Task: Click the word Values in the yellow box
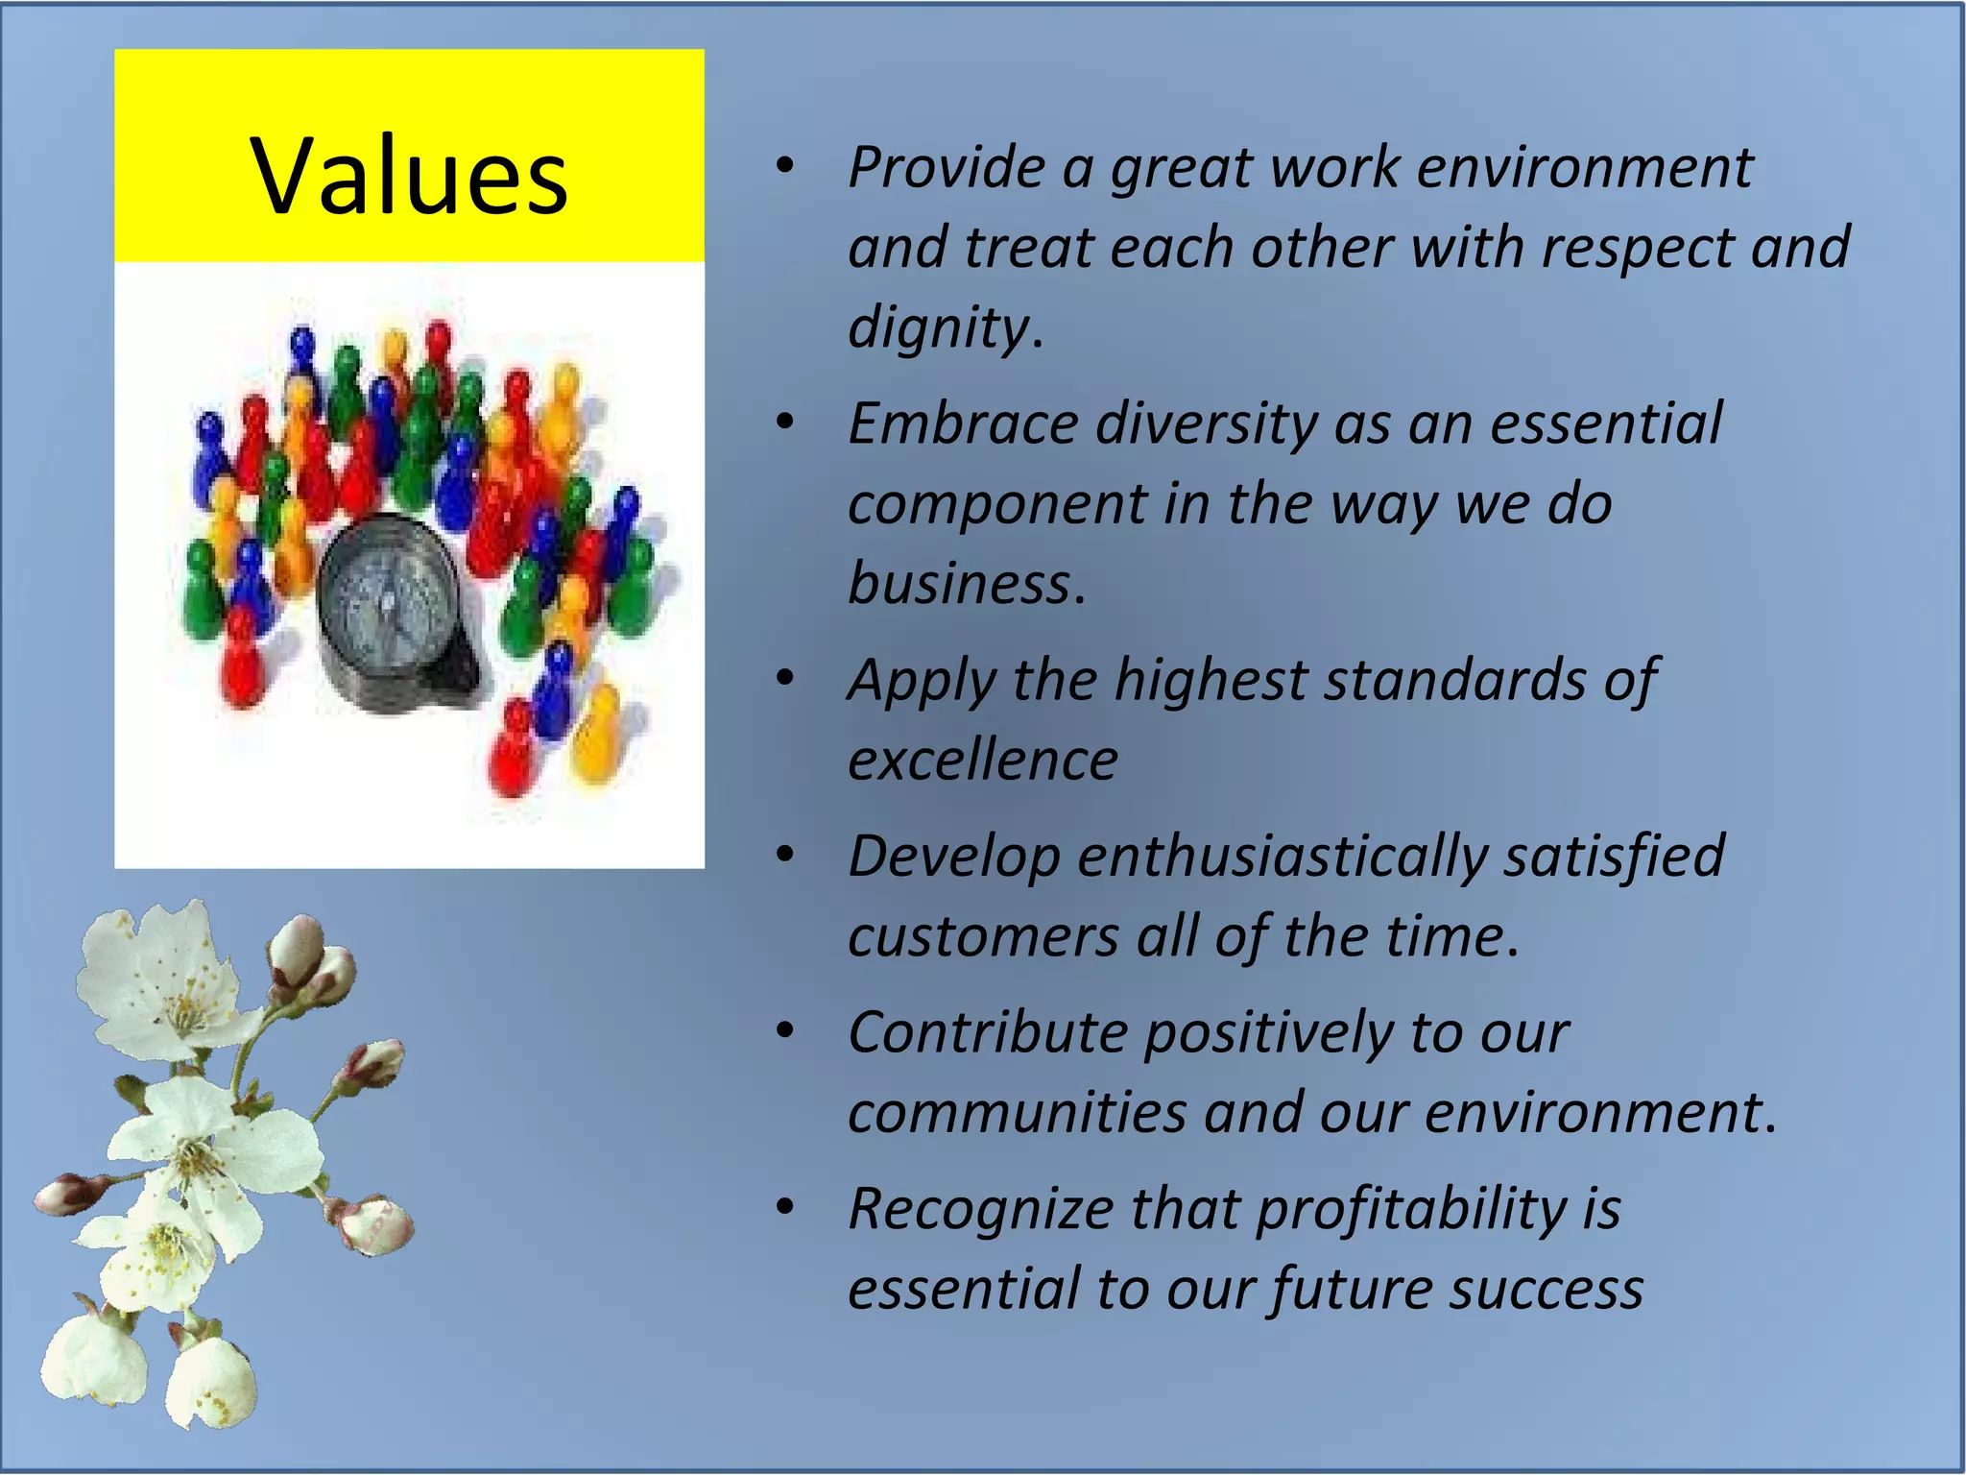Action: (410, 175)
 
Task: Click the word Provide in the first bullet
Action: (946, 168)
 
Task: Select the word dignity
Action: (939, 327)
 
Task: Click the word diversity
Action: (1206, 423)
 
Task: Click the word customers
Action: (983, 936)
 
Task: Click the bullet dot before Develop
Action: (785, 855)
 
